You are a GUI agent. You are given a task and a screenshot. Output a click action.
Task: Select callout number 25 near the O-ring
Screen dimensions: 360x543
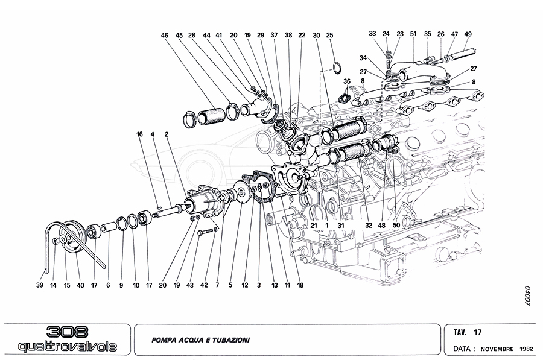329,36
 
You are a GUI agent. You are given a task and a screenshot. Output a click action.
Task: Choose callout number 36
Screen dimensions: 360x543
346,81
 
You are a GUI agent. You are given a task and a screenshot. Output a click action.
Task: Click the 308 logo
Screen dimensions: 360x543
67,332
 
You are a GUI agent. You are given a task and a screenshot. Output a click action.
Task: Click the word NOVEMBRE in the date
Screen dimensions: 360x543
498,349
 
